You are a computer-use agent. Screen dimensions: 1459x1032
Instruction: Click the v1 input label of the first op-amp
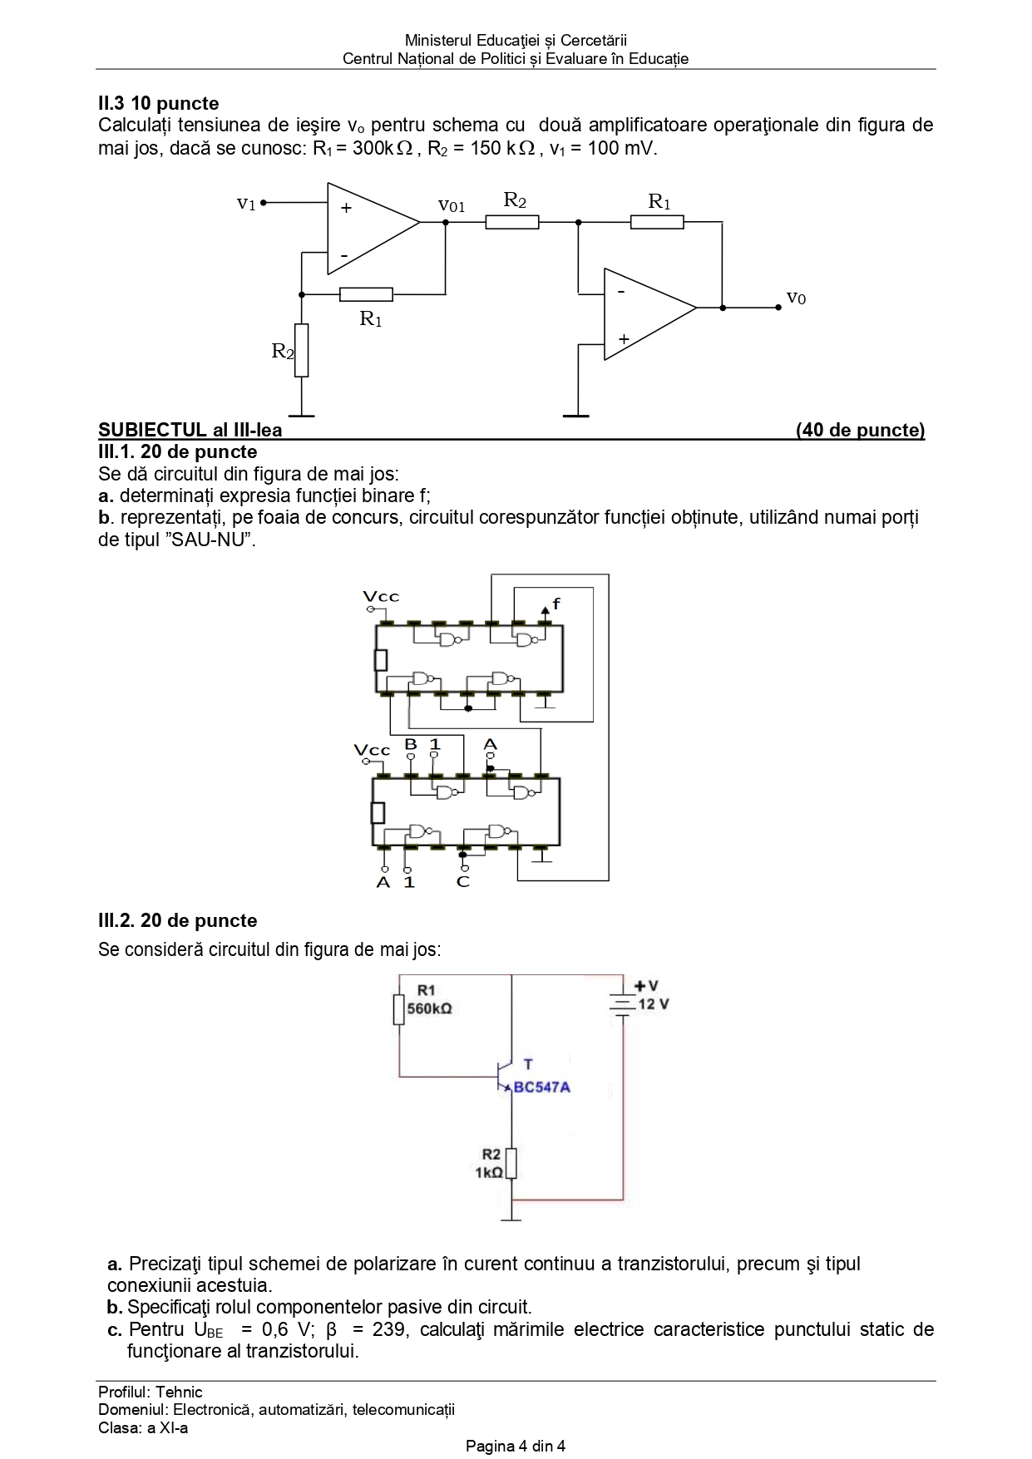(246, 204)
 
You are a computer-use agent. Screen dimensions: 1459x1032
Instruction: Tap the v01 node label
(452, 205)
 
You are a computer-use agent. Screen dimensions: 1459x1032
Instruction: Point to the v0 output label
(796, 298)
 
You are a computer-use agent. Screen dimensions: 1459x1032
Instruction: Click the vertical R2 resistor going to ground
(301, 350)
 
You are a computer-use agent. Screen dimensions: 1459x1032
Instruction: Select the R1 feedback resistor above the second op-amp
(657, 222)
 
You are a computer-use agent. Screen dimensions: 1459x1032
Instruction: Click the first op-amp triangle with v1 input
(371, 229)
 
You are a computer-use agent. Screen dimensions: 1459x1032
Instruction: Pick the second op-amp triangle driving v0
(648, 314)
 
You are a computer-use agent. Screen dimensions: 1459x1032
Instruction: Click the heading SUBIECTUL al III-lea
(190, 430)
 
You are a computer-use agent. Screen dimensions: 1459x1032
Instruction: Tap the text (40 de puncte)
(860, 430)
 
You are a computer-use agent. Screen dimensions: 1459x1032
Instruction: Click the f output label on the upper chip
(556, 604)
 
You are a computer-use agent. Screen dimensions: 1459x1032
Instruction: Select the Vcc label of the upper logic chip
(381, 597)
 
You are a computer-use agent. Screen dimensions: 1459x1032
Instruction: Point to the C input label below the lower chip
(463, 882)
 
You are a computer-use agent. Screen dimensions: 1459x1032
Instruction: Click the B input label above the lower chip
(410, 744)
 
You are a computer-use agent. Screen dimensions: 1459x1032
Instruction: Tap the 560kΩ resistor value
(430, 1008)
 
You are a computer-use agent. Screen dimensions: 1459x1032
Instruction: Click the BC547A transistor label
(542, 1087)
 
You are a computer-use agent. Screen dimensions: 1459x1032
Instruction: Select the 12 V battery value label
(654, 1004)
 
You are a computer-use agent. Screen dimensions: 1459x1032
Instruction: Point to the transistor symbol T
(504, 1077)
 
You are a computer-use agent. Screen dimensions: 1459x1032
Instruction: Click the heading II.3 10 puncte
(159, 104)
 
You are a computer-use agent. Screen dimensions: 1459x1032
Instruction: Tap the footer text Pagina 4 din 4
(516, 1446)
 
